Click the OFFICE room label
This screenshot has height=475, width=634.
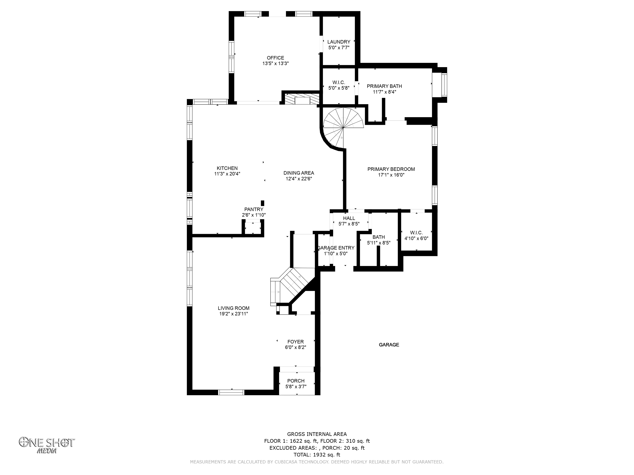275,58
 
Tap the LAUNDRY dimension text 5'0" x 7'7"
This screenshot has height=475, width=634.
339,47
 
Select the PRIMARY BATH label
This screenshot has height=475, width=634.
384,86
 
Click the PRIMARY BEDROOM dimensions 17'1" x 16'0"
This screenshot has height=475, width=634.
391,175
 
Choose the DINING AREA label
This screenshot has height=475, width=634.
299,173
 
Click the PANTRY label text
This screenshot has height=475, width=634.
254,209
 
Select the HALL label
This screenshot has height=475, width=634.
349,218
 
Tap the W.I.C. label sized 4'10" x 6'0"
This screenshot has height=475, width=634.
416,233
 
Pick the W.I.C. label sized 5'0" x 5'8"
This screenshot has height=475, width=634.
339,82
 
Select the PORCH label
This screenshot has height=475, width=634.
296,381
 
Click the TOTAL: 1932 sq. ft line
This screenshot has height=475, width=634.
317,455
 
